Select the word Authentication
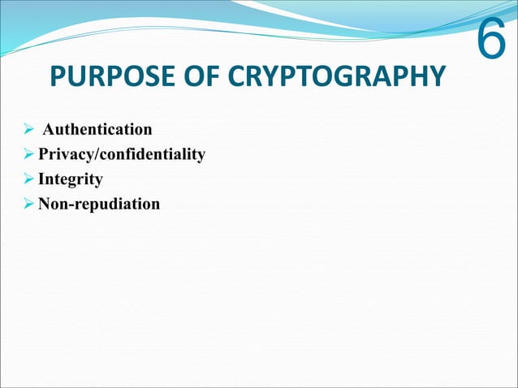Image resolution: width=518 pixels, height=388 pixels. (x=97, y=129)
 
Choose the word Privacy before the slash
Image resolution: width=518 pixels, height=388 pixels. (x=64, y=154)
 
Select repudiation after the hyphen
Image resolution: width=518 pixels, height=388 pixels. (x=116, y=204)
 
